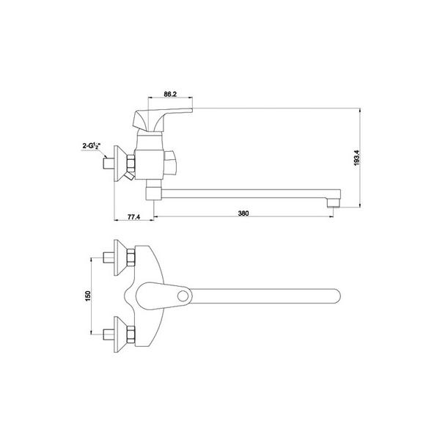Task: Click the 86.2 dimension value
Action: pos(170,94)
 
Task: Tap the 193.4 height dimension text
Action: pos(356,158)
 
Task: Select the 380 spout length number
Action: pos(243,213)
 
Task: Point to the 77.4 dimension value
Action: pos(133,217)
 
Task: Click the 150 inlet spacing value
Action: pos(88,296)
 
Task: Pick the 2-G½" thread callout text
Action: pos(92,146)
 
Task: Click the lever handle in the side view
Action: pos(162,120)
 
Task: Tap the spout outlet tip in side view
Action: pos(334,203)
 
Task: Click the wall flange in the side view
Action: pos(120,164)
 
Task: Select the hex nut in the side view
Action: pos(131,164)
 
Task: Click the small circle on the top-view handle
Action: pos(183,296)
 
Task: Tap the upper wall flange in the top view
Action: pos(120,257)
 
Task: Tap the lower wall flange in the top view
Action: pos(120,334)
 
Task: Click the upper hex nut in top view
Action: pos(131,257)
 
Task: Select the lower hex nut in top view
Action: pos(131,334)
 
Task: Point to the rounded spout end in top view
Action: pos(336,296)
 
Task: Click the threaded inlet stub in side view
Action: pos(109,164)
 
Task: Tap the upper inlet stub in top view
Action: pos(109,257)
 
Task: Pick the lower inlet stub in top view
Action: pos(109,334)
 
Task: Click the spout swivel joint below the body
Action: pos(154,190)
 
